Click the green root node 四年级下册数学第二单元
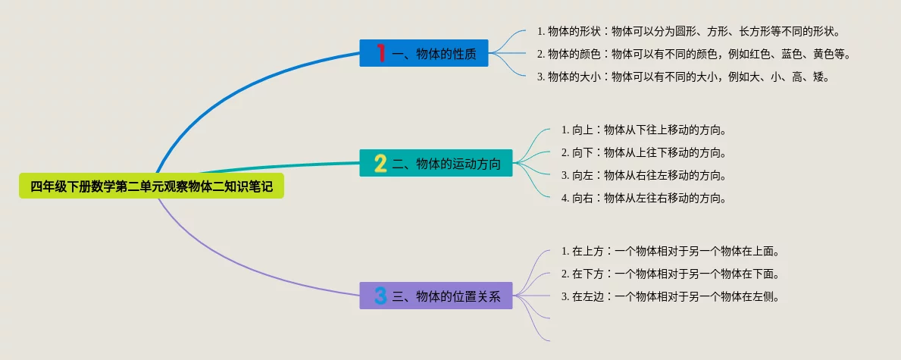click(151, 186)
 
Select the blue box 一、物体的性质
click(424, 53)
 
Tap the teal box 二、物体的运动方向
click(436, 163)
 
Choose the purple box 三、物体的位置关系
click(436, 296)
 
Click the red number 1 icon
click(380, 53)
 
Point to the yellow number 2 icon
click(380, 163)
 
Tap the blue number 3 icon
click(380, 296)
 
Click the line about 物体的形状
click(689, 31)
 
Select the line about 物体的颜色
click(693, 54)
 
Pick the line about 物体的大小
click(684, 77)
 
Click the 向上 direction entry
click(644, 130)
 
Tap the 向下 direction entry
click(644, 153)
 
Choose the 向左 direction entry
click(644, 175)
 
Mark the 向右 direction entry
click(644, 199)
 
